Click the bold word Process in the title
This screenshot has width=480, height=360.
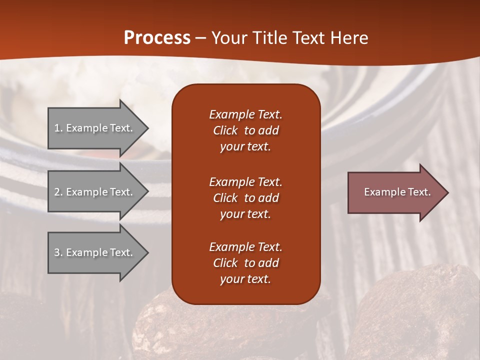[x=157, y=38]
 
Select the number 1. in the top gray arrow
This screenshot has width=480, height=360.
[x=58, y=128]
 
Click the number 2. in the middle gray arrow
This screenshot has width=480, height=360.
[x=58, y=192]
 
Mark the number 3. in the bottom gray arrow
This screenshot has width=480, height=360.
[x=58, y=252]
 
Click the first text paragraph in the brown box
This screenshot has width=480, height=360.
[x=245, y=130]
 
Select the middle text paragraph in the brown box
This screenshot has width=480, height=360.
[x=245, y=198]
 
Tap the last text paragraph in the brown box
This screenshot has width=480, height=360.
[x=245, y=263]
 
